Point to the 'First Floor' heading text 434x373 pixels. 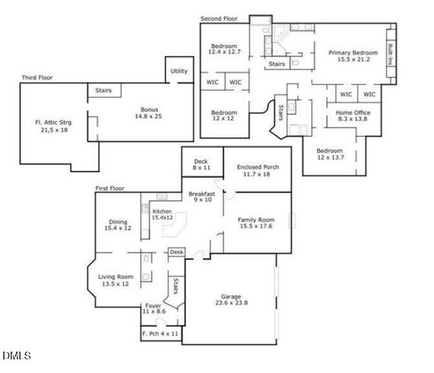111,189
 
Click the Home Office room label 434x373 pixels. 352,117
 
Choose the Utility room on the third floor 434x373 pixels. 179,71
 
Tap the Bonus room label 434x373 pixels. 149,113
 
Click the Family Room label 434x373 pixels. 256,224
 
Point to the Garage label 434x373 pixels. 234,299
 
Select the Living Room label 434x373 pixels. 115,281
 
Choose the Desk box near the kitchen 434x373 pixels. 177,253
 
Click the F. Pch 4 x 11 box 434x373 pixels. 160,334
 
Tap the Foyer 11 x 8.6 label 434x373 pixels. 154,309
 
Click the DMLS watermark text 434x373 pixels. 16,357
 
